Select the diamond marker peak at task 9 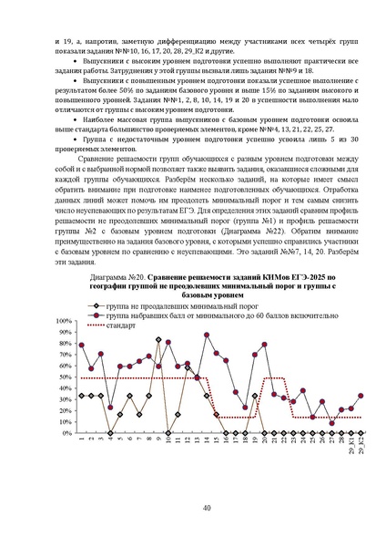click(x=159, y=339)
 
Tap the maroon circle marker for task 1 click(x=82, y=346)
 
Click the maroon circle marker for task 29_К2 click(x=361, y=396)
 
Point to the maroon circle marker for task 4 click(x=111, y=407)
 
